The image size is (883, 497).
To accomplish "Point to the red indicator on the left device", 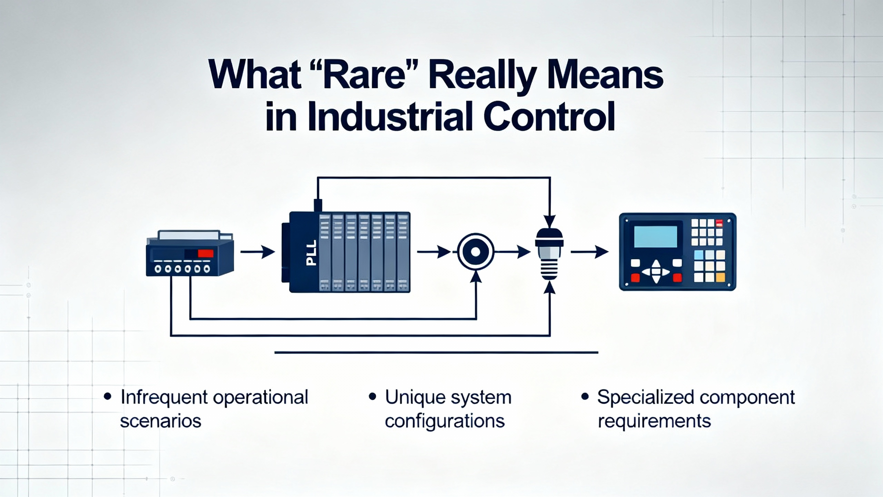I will click(206, 254).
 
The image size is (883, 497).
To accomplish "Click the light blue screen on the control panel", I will click(655, 237).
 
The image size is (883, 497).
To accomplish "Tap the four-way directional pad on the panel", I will click(655, 272).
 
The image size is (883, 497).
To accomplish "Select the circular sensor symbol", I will click(476, 252).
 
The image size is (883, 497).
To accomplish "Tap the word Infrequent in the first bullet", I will click(164, 397).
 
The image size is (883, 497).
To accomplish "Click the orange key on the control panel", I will click(720, 277).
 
